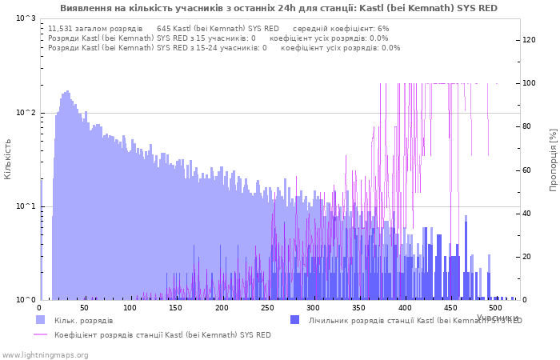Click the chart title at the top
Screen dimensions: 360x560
(278, 8)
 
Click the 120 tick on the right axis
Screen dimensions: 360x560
(530, 40)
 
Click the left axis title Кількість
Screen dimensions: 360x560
(8, 158)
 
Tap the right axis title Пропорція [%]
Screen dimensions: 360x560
(553, 159)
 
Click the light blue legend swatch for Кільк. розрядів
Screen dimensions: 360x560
(41, 320)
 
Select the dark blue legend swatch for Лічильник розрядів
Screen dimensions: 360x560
(295, 320)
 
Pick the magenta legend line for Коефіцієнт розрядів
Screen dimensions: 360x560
(41, 334)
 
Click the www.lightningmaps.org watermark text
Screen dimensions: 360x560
(46, 355)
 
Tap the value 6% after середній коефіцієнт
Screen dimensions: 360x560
(384, 28)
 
